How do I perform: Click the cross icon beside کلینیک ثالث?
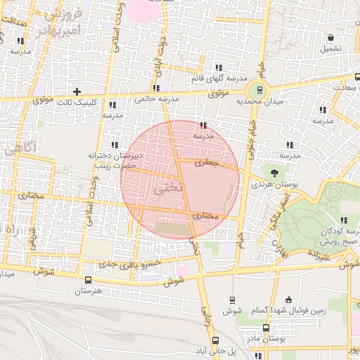point(77,91)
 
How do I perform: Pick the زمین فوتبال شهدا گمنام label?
point(288,311)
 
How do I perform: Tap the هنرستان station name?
point(88,290)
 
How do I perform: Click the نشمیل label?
point(330,49)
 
